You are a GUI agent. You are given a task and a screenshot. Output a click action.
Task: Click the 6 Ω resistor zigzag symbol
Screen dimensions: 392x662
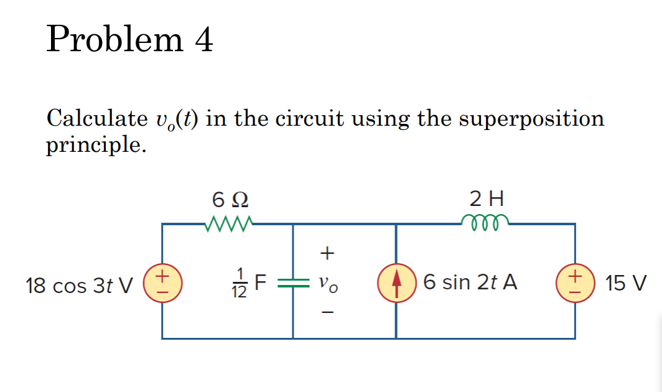(x=228, y=223)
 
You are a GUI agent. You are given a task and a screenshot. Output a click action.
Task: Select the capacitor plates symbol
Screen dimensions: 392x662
(x=292, y=283)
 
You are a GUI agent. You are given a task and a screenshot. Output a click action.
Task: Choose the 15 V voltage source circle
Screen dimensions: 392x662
(x=574, y=282)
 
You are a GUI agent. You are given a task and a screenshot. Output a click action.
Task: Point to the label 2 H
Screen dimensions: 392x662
(x=487, y=199)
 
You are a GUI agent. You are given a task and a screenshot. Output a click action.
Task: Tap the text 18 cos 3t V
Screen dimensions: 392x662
(x=79, y=285)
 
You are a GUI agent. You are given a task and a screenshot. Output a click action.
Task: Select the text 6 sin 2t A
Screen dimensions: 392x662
(x=470, y=282)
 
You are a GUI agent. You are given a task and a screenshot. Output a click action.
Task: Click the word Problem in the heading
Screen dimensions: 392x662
(x=114, y=40)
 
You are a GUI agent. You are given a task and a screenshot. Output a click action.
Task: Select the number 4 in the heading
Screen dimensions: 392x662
(x=203, y=40)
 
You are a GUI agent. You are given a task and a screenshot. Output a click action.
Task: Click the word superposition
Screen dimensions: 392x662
(x=531, y=118)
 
